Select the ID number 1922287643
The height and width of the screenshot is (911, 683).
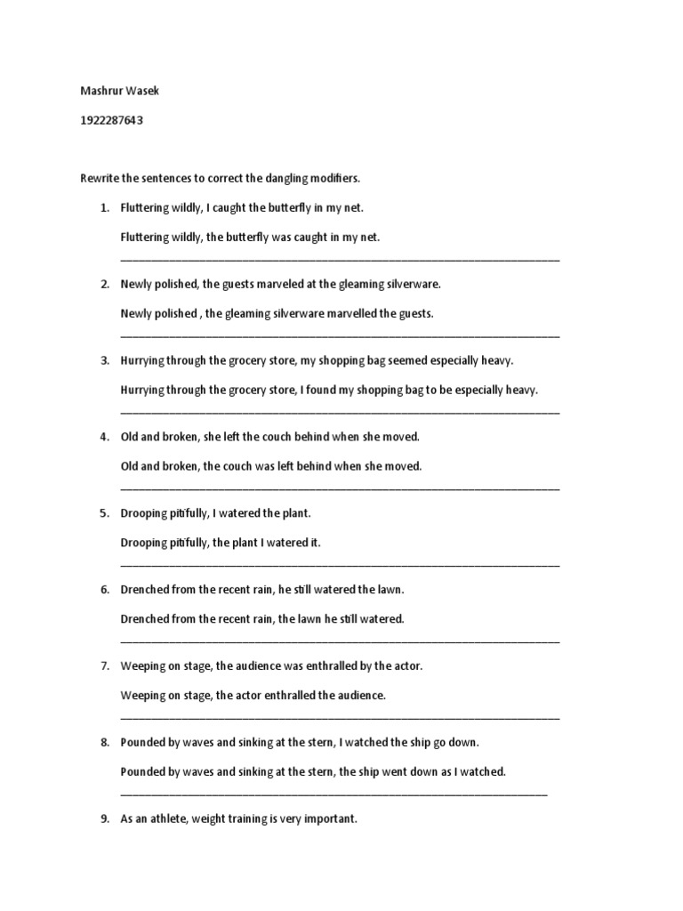[111, 121]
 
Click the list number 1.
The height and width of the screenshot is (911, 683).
[104, 208]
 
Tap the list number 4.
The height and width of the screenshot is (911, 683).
[104, 437]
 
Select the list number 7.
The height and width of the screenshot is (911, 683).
[104, 665]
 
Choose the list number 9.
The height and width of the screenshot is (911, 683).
[104, 818]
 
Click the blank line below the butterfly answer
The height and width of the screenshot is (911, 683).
[340, 259]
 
